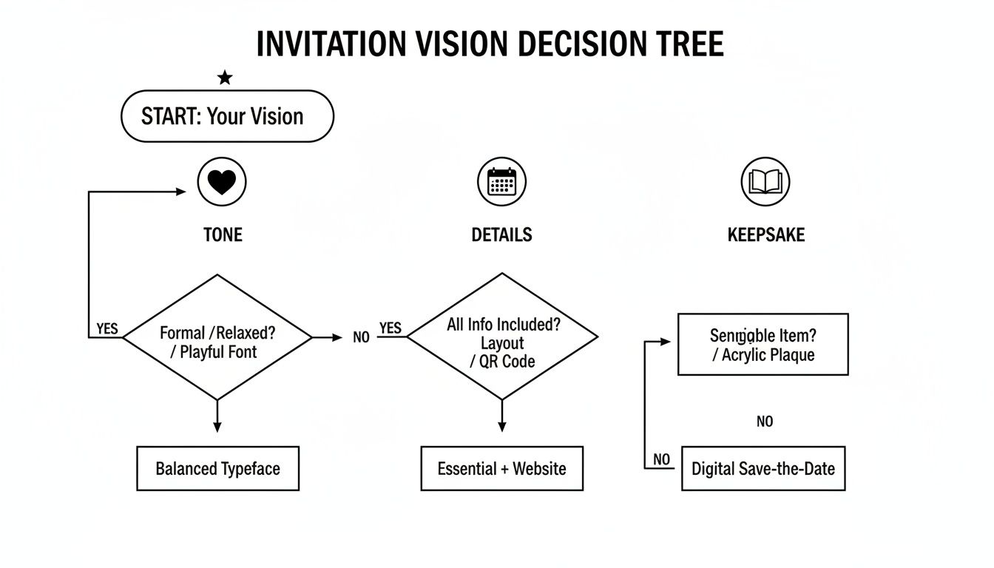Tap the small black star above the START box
click(225, 78)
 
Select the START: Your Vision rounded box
click(227, 116)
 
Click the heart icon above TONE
click(222, 182)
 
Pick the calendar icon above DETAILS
click(501, 182)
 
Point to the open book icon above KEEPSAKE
click(765, 182)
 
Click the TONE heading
click(223, 235)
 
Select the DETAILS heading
click(501, 235)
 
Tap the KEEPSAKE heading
click(765, 235)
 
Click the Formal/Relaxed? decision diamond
click(217, 337)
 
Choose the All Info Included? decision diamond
click(502, 337)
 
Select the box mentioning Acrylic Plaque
click(763, 345)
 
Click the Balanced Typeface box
click(217, 468)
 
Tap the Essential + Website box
click(501, 468)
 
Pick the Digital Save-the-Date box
click(763, 468)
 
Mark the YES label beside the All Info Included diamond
click(390, 328)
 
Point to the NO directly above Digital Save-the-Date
click(765, 422)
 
